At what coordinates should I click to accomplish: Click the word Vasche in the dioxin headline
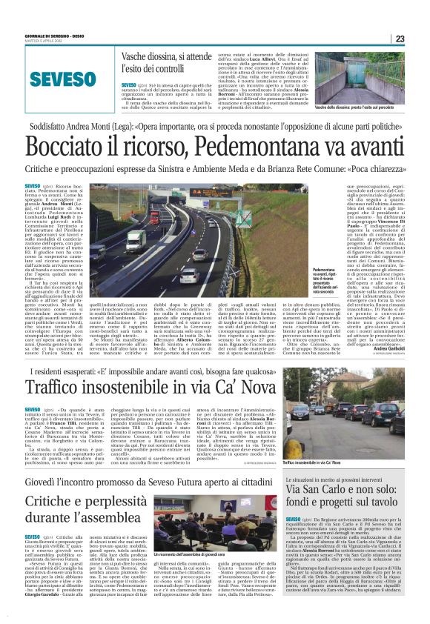[139, 56]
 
